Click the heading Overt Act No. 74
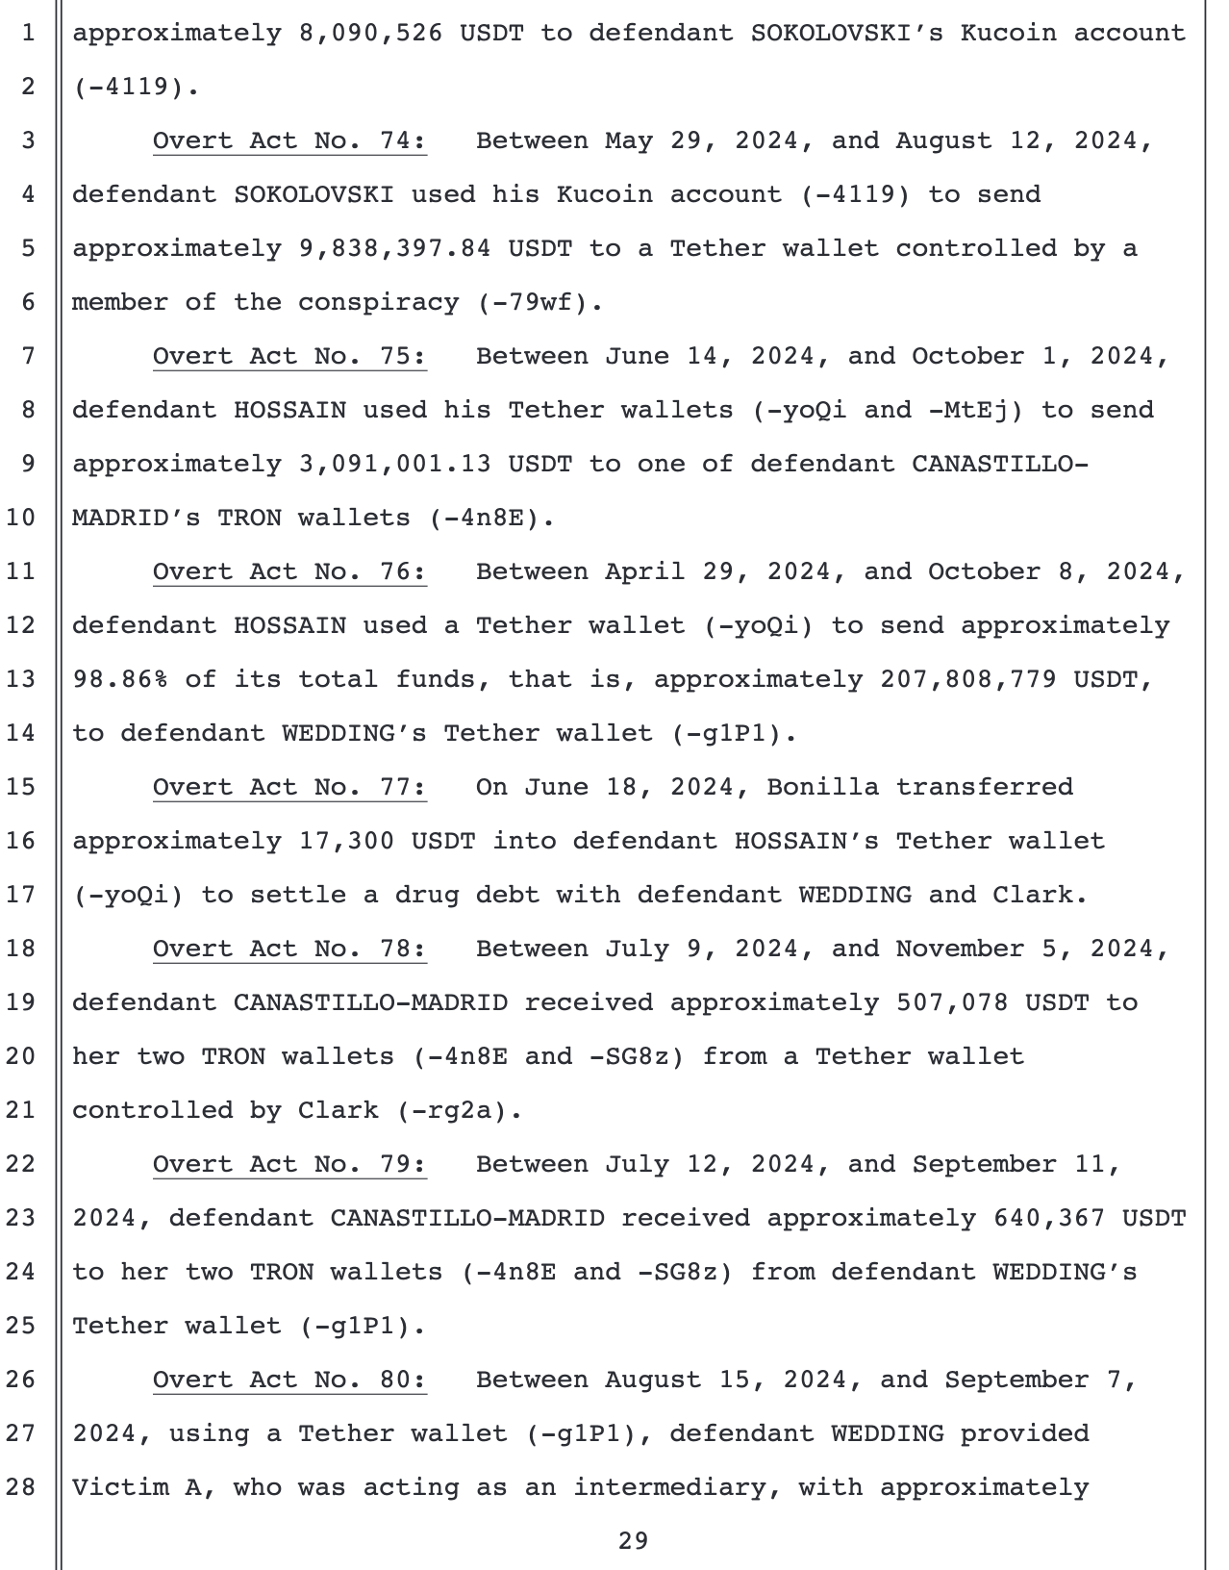pyautogui.click(x=288, y=141)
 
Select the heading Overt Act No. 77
pyautogui.click(x=288, y=788)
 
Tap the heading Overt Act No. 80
pyautogui.click(x=288, y=1380)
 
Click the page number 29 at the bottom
pyautogui.click(x=633, y=1541)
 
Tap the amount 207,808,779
pyautogui.click(x=968, y=680)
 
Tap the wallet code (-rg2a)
pyautogui.click(x=459, y=1111)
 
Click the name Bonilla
pyautogui.click(x=822, y=788)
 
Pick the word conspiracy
pyautogui.click(x=378, y=303)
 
